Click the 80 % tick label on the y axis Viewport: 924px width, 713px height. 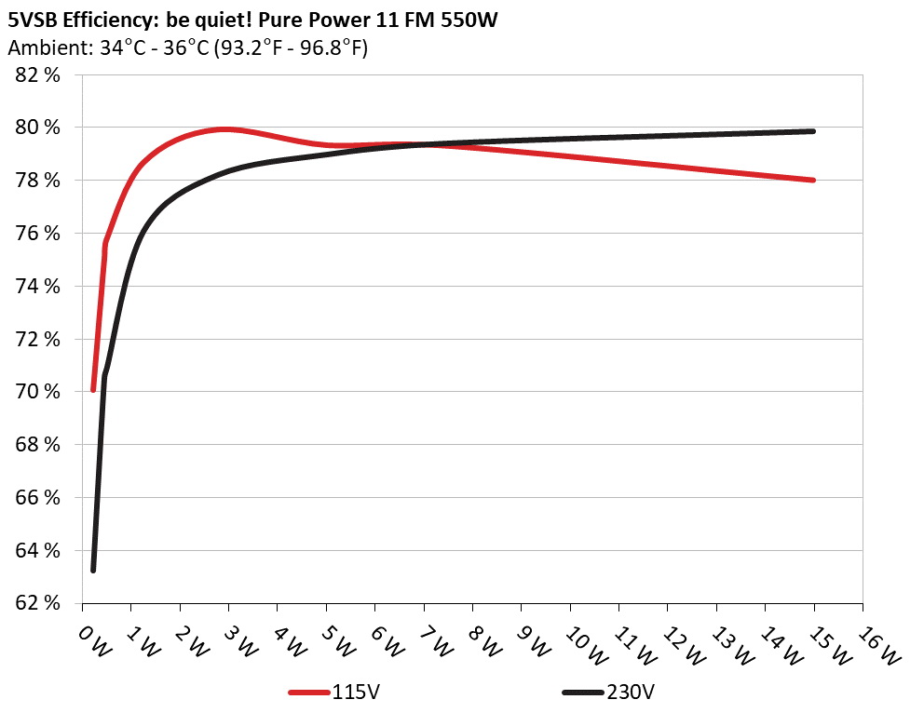pyautogui.click(x=38, y=128)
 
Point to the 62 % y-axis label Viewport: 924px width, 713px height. pyautogui.click(x=38, y=603)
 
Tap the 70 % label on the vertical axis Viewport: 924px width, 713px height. pyautogui.click(x=38, y=392)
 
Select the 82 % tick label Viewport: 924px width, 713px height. pyautogui.click(x=38, y=74)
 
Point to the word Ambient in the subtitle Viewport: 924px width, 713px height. pyautogui.click(x=43, y=48)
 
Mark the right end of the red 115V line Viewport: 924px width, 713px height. pyautogui.click(x=813, y=180)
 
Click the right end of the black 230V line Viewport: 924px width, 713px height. pyautogui.click(x=813, y=131)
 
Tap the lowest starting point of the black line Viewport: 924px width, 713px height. pyautogui.click(x=93, y=570)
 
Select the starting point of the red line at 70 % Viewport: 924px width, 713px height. pyautogui.click(x=93, y=389)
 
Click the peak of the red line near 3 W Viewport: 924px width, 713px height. pyautogui.click(x=224, y=129)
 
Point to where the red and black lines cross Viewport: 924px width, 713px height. pyautogui.click(x=424, y=144)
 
